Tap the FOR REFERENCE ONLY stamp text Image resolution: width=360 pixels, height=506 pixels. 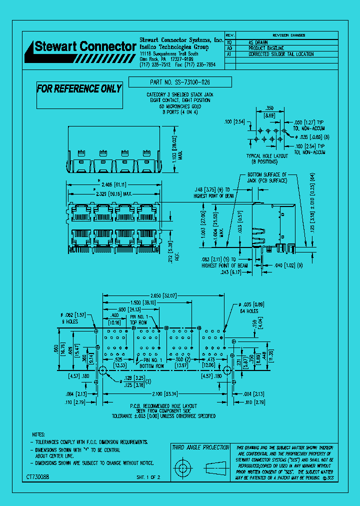pyautogui.click(x=79, y=89)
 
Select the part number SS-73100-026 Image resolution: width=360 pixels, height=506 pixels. pyautogui.click(x=180, y=82)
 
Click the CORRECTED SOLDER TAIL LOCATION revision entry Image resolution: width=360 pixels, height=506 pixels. pyautogui.click(x=281, y=54)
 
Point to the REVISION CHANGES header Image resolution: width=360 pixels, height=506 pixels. pyautogui.click(x=284, y=35)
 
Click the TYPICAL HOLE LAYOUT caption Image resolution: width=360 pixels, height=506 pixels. pyautogui.click(x=267, y=156)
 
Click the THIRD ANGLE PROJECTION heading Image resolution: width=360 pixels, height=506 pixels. pyautogui.click(x=200, y=447)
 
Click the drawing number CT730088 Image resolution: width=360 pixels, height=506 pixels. pyautogui.click(x=37, y=477)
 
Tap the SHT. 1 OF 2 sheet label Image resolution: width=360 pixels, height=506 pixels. pyautogui.click(x=148, y=477)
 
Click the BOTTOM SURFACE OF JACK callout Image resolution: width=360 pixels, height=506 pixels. pyautogui.click(x=267, y=177)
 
